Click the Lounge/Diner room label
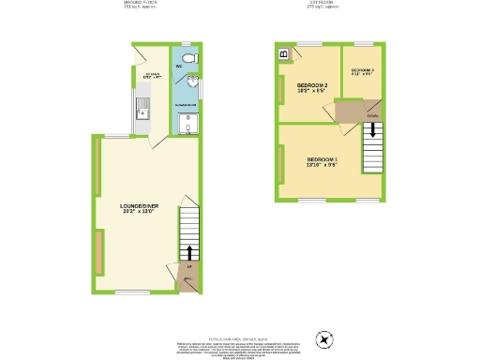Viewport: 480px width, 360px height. (139, 205)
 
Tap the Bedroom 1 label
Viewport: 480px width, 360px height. (322, 159)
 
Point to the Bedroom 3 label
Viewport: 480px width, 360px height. (363, 70)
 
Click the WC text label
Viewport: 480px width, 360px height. (178, 67)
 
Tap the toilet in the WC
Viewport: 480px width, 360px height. (188, 59)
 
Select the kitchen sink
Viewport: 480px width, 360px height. (143, 110)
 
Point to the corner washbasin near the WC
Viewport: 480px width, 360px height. (191, 83)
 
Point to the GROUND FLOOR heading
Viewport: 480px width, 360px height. (142, 3)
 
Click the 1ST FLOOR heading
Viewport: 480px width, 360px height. (322, 3)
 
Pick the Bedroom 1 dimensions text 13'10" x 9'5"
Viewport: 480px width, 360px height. (322, 166)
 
